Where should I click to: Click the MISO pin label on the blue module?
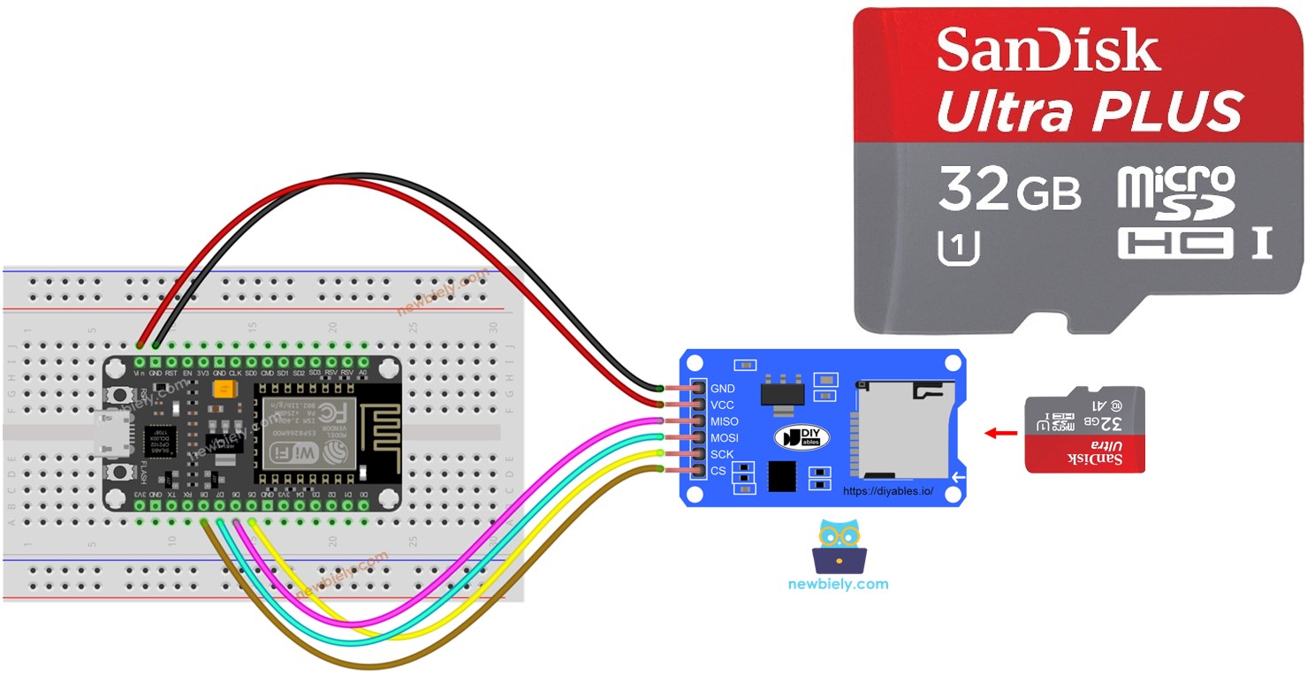[725, 422]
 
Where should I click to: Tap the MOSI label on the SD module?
[725, 438]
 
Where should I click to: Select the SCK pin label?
[722, 455]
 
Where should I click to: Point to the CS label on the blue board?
[718, 472]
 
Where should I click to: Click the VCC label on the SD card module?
[722, 405]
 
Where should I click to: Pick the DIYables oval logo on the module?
[801, 437]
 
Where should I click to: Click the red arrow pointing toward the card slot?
[1000, 433]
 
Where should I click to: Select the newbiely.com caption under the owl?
[838, 584]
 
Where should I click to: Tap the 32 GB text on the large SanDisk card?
[1008, 189]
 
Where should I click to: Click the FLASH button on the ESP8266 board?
[116, 473]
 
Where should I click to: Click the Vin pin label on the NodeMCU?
[140, 374]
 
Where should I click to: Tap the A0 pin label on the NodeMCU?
[361, 374]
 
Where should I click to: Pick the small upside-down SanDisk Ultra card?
[1084, 429]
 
